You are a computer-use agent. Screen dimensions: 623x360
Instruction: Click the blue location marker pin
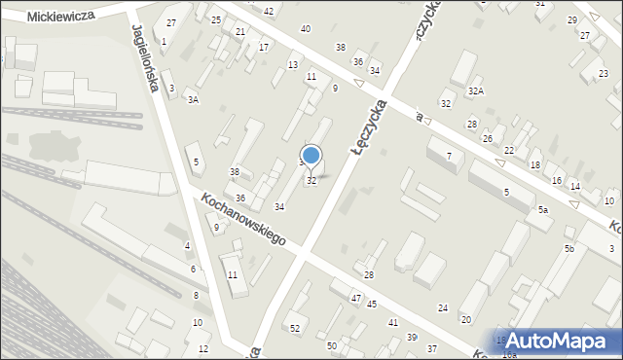[311, 156]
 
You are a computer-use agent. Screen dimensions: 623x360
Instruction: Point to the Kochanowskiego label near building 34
[242, 219]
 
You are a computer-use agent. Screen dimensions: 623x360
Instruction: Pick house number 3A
[193, 99]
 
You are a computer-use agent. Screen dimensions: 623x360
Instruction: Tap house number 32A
[475, 90]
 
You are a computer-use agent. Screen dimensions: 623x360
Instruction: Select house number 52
[295, 328]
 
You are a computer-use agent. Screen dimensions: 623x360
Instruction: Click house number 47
[356, 298]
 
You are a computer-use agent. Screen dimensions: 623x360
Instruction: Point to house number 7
[449, 156]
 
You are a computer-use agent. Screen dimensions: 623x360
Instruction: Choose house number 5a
[543, 209]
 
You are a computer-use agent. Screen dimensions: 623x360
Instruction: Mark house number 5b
[569, 249]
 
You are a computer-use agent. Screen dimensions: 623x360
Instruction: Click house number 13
[292, 64]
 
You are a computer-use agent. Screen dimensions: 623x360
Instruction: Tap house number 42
[269, 10]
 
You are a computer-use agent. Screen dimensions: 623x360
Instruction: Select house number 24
[443, 307]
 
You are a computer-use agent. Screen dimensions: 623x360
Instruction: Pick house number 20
[466, 319]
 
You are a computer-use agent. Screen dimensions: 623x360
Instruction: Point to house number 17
[264, 47]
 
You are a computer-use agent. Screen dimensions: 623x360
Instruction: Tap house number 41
[393, 321]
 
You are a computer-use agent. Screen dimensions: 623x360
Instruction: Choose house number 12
[203, 348]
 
